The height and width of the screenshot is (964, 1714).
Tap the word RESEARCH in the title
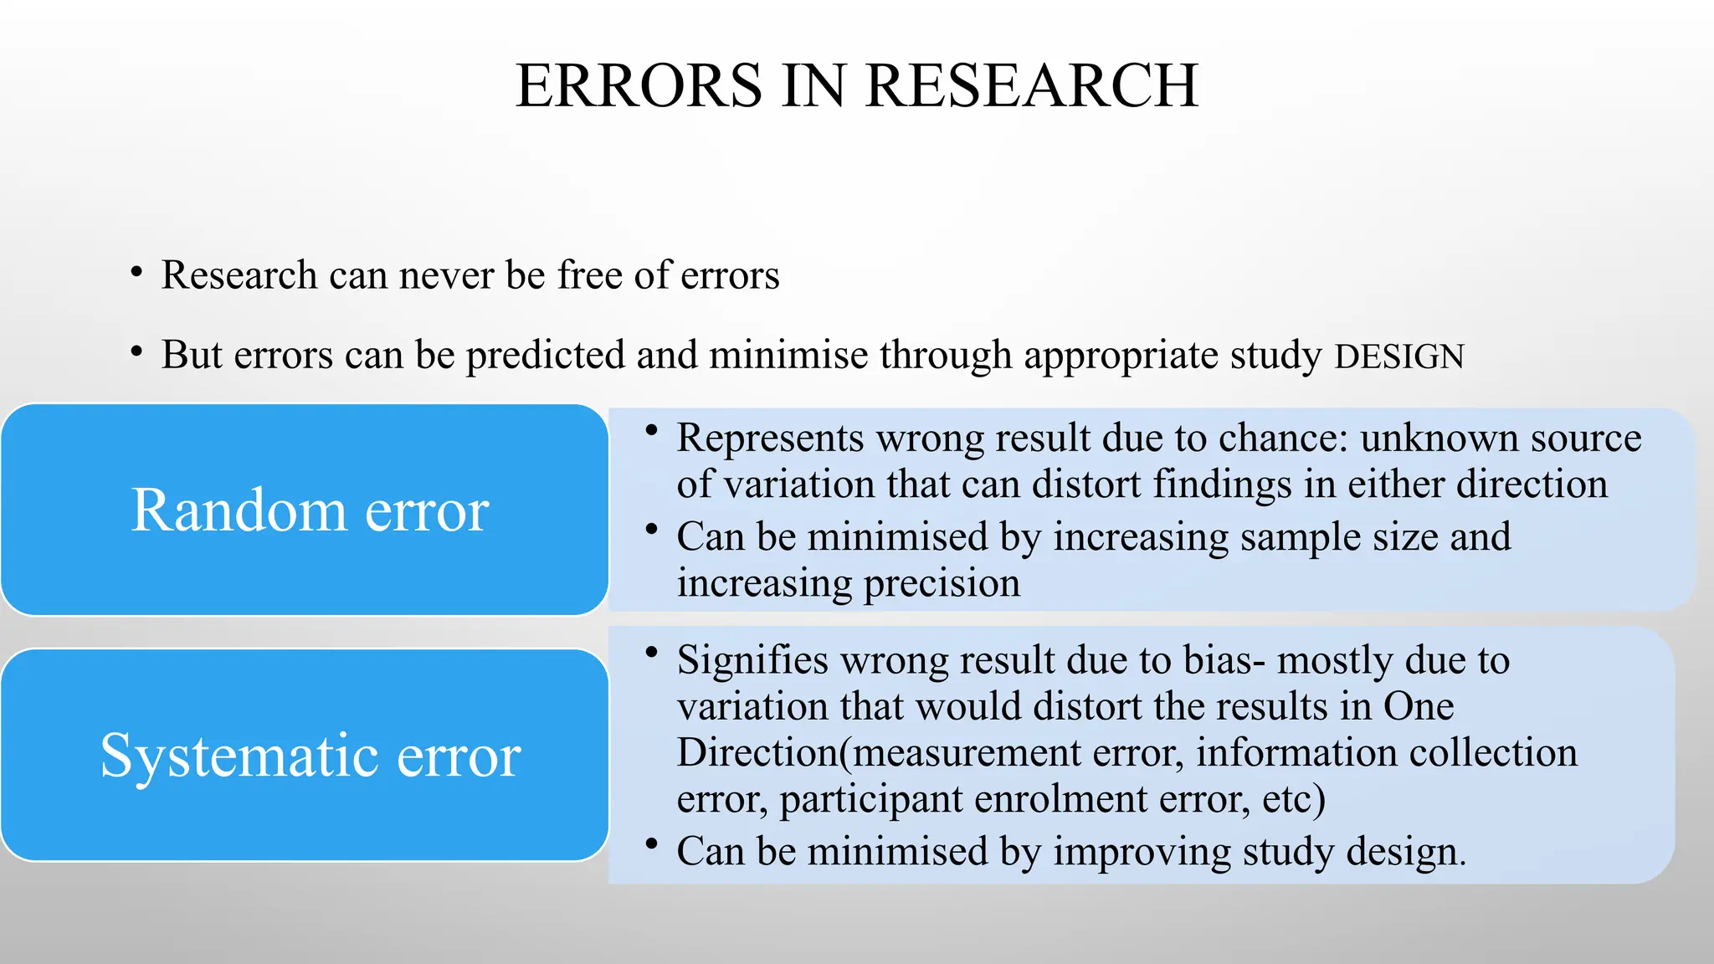(x=1031, y=85)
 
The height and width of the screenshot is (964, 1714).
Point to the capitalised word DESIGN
(x=1399, y=356)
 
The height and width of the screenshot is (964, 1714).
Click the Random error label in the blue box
(x=310, y=510)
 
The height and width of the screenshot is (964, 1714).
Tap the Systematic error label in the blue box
(x=310, y=755)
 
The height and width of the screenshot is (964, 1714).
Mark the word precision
(x=942, y=582)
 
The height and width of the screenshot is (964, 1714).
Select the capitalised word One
(x=1419, y=705)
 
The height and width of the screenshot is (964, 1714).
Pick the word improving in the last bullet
(x=1142, y=851)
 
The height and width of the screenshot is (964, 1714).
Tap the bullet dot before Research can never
(x=136, y=272)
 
